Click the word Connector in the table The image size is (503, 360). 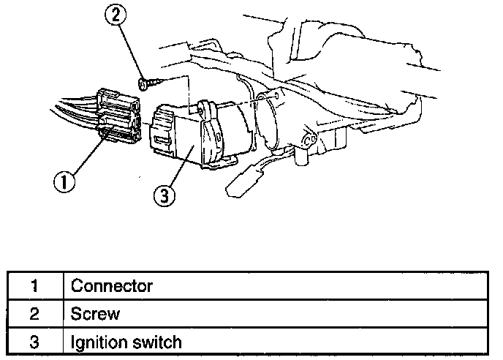pos(111,286)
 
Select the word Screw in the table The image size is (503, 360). pos(95,314)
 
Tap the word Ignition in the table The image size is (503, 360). pos(94,342)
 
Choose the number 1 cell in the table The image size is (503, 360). pos(34,286)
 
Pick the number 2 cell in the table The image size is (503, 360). pos(34,314)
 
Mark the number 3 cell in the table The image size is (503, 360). pos(34,342)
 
